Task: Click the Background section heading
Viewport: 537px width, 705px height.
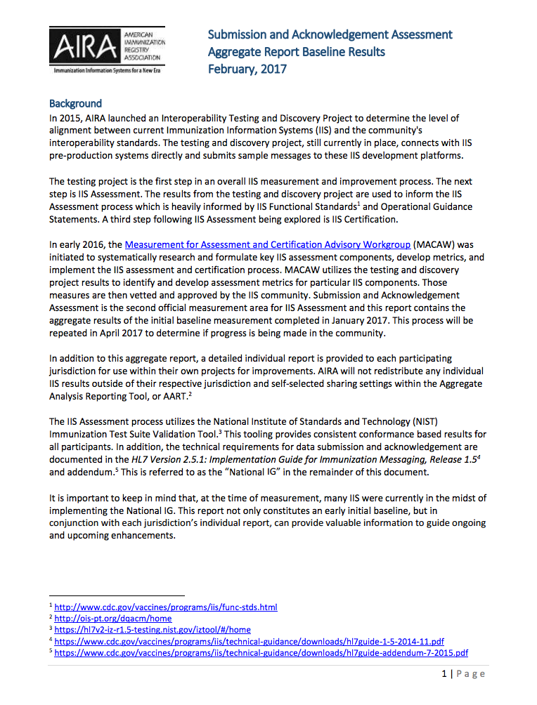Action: click(75, 103)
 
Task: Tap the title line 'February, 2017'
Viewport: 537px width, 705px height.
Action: click(247, 69)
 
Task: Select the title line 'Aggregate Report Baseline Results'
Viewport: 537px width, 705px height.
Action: click(296, 52)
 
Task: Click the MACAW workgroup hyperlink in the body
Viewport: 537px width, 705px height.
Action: click(268, 245)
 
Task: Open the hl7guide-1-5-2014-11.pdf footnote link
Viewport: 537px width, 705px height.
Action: click(249, 641)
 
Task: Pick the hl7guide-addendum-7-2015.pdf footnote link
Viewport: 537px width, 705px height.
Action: click(261, 652)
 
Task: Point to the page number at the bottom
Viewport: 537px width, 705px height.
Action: click(464, 674)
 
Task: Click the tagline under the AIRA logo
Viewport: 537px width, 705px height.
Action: click(107, 72)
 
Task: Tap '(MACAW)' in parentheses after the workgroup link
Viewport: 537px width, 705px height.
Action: click(436, 245)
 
